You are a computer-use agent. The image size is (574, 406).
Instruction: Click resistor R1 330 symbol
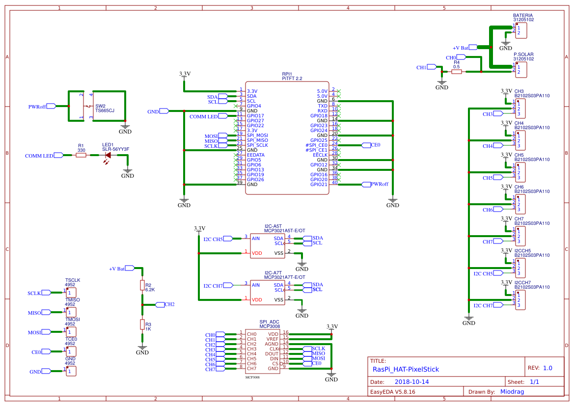click(81, 155)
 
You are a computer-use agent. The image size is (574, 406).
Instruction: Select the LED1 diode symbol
click(108, 155)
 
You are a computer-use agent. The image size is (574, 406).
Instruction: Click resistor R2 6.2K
click(142, 285)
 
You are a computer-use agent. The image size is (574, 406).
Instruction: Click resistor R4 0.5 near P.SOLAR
click(457, 72)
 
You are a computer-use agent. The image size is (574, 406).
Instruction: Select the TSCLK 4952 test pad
click(71, 293)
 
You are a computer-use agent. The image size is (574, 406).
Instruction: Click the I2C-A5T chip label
click(273, 226)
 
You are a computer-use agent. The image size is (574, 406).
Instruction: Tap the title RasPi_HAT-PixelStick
click(406, 369)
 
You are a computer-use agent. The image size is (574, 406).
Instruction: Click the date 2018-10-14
click(411, 382)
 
